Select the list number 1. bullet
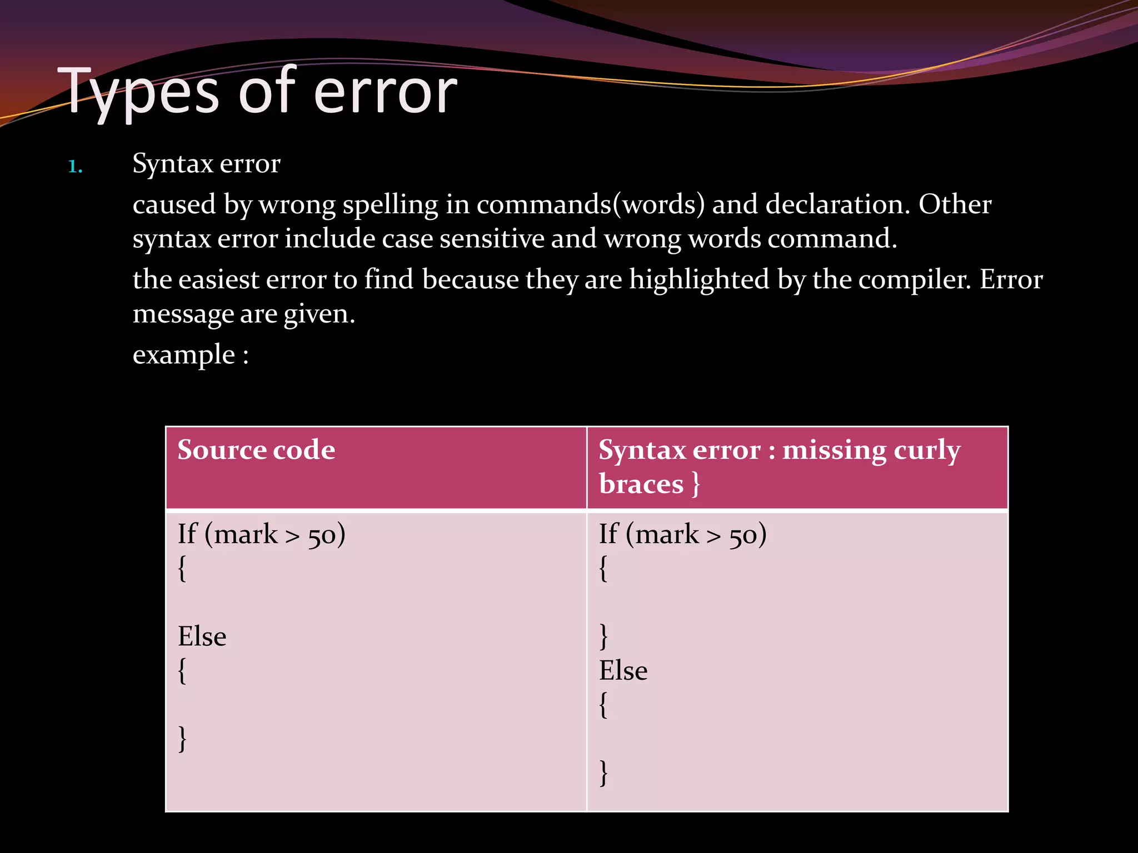click(76, 166)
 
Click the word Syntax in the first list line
click(173, 164)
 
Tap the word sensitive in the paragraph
click(492, 239)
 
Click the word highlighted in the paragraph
click(699, 279)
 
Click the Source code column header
click(256, 449)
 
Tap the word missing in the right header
click(834, 450)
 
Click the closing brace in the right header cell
click(696, 484)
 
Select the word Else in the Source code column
click(202, 636)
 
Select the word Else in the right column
click(623, 671)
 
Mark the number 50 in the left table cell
click(322, 535)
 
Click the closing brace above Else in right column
click(603, 636)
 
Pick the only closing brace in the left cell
click(182, 739)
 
